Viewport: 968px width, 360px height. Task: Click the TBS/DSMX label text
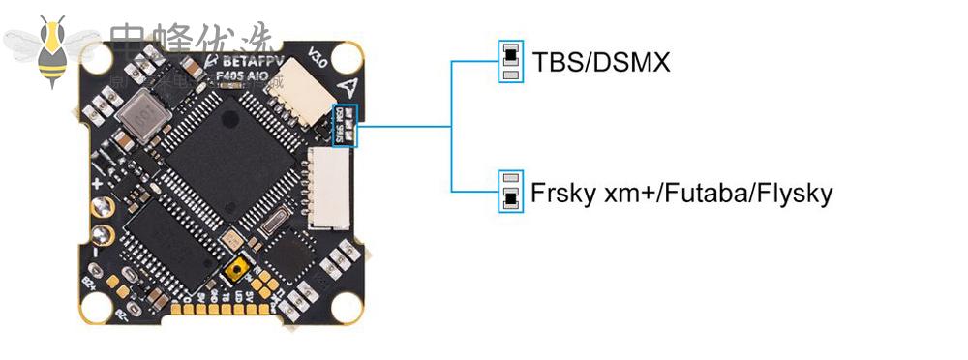601,63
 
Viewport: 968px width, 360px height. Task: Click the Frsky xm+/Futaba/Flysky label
681,193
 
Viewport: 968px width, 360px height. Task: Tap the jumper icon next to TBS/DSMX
510,61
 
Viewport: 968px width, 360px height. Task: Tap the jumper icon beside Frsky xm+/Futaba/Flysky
510,192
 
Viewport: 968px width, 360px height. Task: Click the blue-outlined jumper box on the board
346,126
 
